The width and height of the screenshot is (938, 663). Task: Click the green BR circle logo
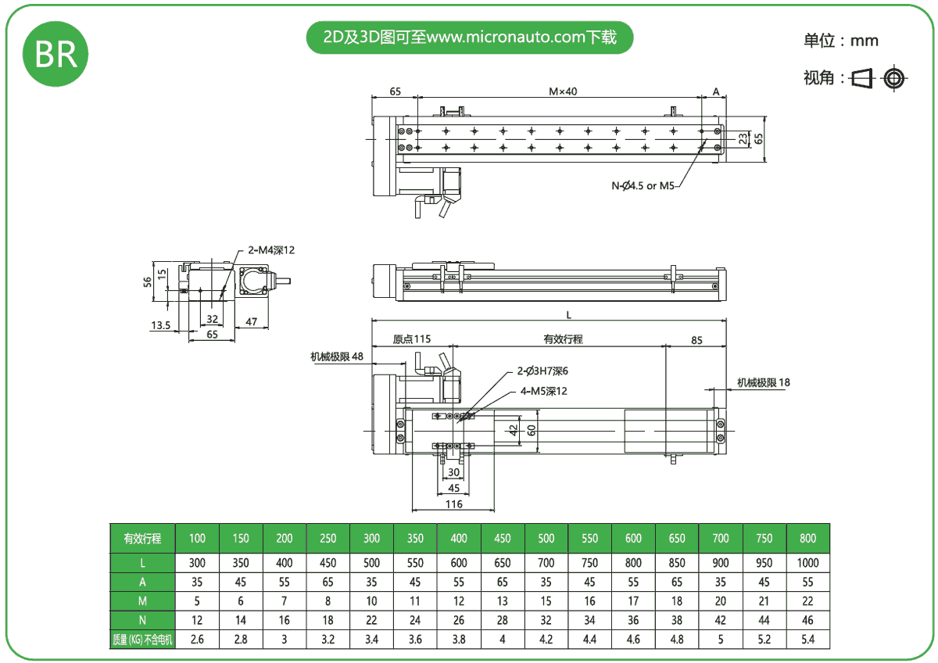click(55, 54)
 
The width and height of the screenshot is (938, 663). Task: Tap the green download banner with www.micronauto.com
click(469, 38)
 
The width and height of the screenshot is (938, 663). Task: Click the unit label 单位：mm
click(840, 41)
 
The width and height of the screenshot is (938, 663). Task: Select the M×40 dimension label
click(562, 91)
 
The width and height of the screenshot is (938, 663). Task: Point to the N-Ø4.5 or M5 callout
click(645, 185)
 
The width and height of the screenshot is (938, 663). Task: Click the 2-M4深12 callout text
click(271, 250)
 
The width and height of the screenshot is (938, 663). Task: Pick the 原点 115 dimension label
click(411, 339)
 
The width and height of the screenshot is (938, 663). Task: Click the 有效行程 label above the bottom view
click(563, 339)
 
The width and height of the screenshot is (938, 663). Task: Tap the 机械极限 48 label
click(337, 357)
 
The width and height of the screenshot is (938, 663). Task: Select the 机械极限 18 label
click(764, 382)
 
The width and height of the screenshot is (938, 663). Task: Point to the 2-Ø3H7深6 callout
click(542, 371)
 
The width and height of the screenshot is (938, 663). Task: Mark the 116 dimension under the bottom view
click(453, 504)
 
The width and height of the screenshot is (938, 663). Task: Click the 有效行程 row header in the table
click(142, 538)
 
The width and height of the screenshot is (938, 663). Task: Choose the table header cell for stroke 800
click(807, 538)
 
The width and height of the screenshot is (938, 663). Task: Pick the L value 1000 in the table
click(807, 562)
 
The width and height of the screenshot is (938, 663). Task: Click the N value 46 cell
click(807, 620)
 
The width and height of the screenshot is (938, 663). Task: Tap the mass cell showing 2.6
click(197, 640)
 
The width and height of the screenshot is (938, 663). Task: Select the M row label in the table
click(142, 600)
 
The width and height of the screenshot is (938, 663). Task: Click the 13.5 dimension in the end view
click(160, 325)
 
